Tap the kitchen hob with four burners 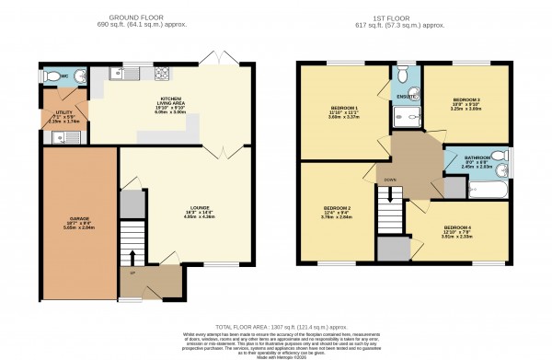[x=162, y=75]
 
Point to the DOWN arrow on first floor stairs [x=388, y=194]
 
